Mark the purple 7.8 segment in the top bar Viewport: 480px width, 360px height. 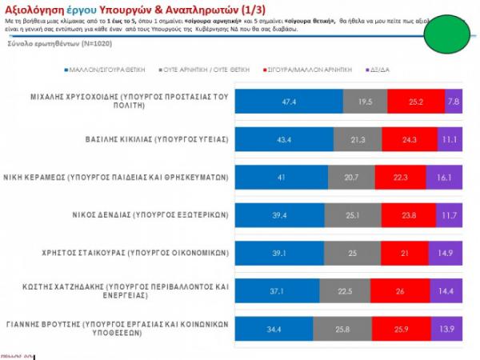454,102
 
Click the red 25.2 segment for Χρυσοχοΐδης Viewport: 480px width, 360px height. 415,102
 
